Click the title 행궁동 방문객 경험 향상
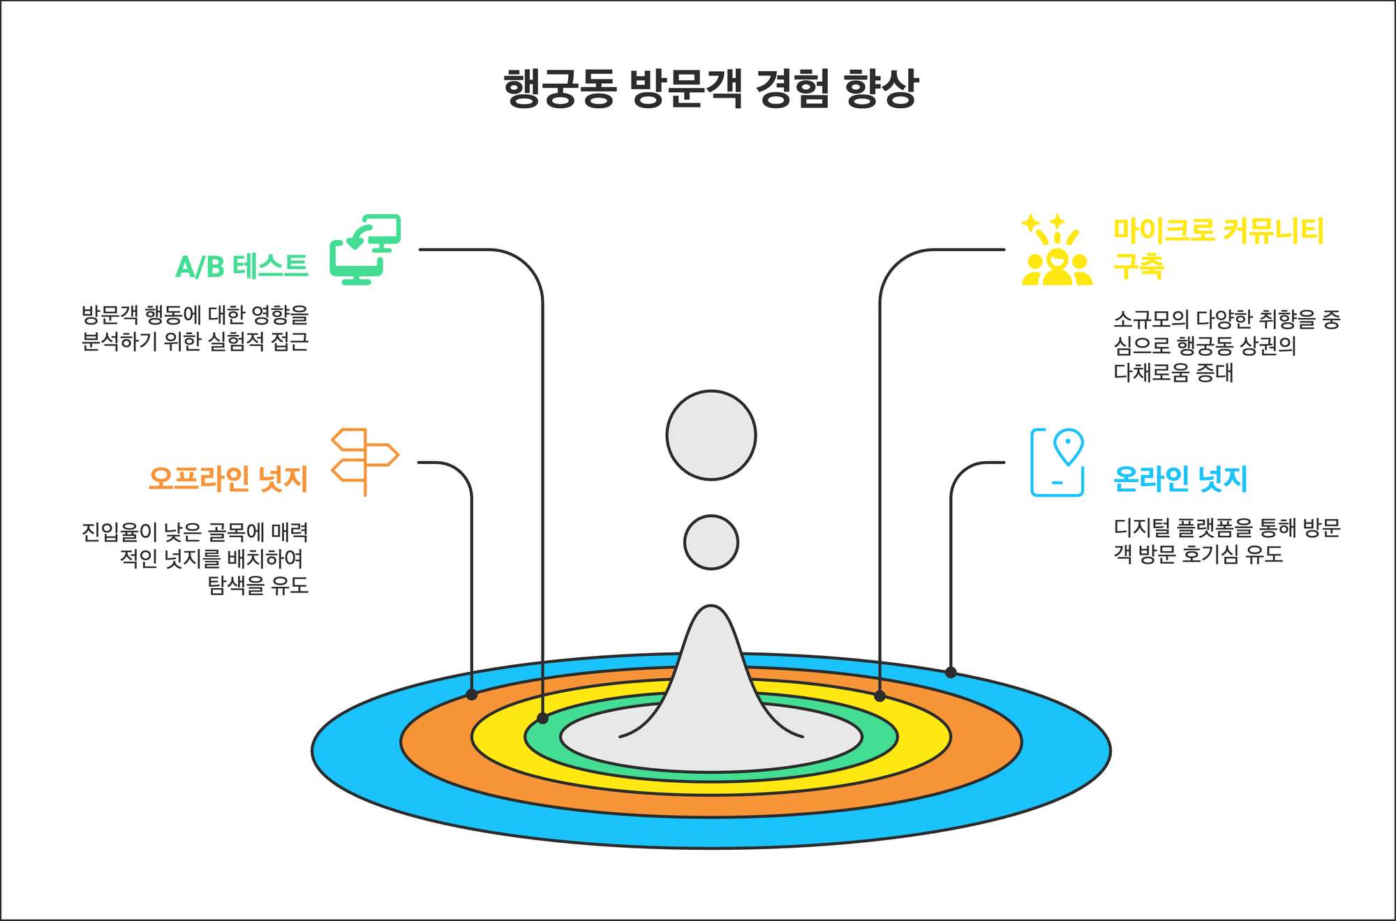tap(711, 88)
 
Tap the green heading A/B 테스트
tap(242, 267)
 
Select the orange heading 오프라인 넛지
tap(228, 479)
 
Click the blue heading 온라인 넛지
tap(1180, 479)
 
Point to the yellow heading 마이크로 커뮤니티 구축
tap(1218, 248)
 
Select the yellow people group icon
tap(1057, 250)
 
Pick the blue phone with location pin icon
tap(1057, 462)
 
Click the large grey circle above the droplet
tap(711, 435)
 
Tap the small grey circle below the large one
tap(711, 542)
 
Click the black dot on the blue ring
tap(951, 673)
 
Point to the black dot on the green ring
tap(542, 719)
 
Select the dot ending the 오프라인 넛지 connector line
tap(472, 695)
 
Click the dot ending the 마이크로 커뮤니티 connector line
tap(879, 696)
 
